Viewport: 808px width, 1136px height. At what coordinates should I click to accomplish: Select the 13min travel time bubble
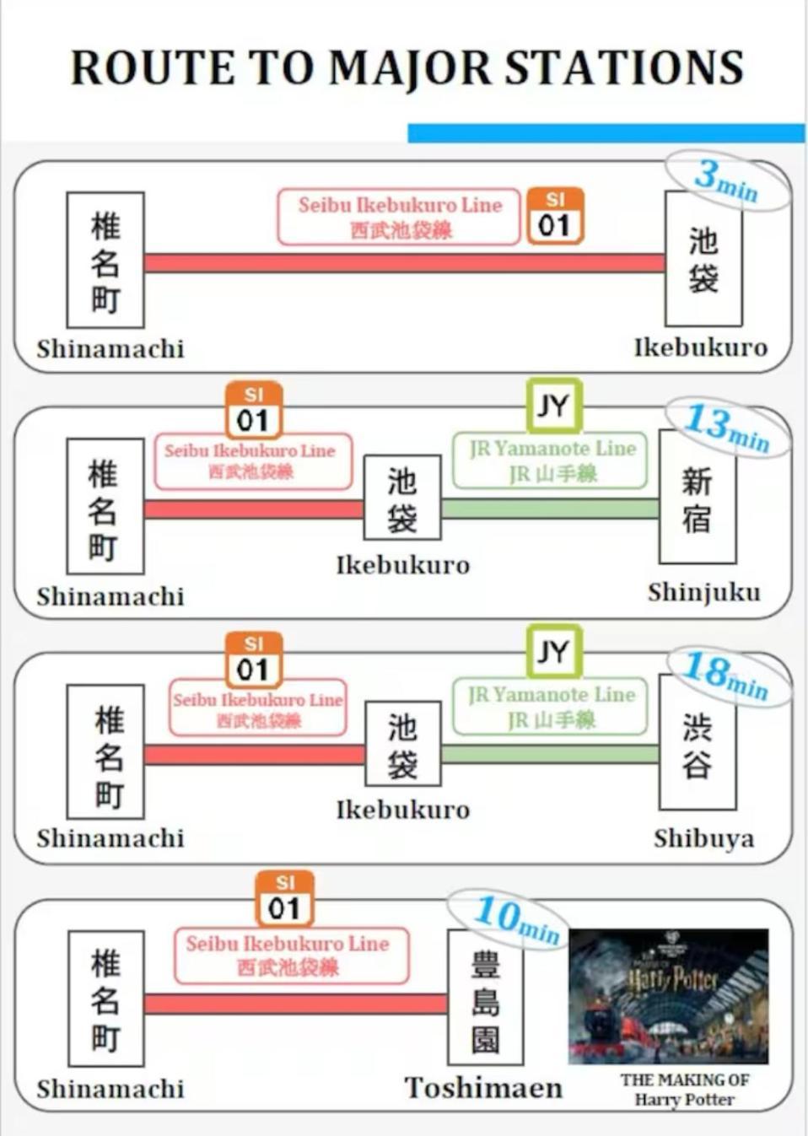tap(726, 428)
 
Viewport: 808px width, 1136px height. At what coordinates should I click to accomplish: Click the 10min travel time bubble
tap(516, 919)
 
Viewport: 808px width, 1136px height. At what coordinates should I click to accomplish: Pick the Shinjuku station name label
tap(703, 592)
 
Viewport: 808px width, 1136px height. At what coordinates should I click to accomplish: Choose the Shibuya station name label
tap(703, 838)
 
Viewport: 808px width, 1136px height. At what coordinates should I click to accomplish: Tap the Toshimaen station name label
tap(483, 1088)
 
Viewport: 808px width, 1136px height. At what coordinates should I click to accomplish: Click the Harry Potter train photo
tap(669, 996)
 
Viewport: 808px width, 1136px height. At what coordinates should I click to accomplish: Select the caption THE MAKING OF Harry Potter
tap(684, 1089)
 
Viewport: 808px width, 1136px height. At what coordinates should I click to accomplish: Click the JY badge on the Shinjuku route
tap(553, 406)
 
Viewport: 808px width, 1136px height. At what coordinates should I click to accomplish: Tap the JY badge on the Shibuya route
tap(553, 651)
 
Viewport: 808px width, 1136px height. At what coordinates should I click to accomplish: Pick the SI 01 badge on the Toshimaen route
tap(285, 899)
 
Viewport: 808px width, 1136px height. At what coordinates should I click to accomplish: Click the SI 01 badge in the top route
tap(555, 216)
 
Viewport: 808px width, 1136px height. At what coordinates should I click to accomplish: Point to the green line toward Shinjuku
tap(549, 509)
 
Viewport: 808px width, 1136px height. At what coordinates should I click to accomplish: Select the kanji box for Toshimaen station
tap(485, 998)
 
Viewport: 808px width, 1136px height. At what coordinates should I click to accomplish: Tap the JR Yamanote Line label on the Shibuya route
tap(551, 706)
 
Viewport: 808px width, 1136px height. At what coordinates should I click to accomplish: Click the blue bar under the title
tap(606, 132)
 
